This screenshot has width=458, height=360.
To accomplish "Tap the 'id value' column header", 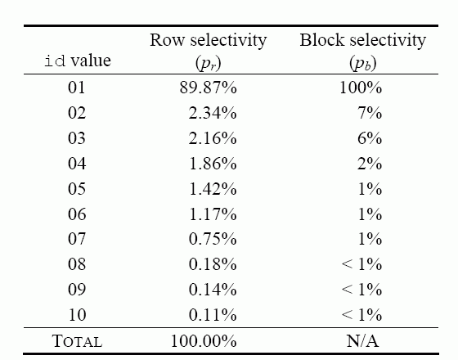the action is (78, 61).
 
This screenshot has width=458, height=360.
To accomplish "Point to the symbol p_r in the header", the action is (209, 62).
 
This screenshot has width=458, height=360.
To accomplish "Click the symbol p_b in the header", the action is (363, 62).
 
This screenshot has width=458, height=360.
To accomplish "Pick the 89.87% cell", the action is (208, 88).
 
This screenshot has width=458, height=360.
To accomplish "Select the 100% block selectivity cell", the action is (361, 88).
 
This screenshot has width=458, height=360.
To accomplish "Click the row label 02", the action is (77, 113).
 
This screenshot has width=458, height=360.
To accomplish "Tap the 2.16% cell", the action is (213, 138).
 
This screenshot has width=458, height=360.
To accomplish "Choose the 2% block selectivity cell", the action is (370, 164).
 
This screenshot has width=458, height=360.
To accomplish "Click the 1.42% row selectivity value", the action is (213, 189).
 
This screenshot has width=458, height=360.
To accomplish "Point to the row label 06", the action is (77, 214).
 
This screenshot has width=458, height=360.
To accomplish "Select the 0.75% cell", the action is (213, 239).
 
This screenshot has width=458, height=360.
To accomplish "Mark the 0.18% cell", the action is (213, 264).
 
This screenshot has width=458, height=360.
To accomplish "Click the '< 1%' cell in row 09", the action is (361, 290).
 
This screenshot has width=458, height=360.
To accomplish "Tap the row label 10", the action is (77, 315).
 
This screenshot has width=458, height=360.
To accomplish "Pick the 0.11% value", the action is (213, 315).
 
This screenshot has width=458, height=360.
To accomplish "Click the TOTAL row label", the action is (78, 341).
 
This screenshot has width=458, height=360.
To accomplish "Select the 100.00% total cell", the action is (204, 341).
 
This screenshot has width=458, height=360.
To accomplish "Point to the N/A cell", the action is (363, 341).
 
